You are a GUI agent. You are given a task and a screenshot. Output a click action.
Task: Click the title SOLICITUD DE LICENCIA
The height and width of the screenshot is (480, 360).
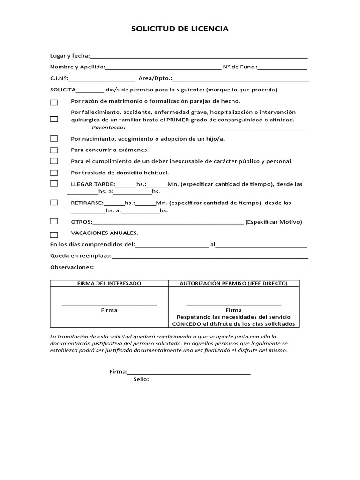180,29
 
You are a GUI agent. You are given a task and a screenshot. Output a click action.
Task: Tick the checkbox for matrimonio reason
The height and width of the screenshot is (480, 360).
54,102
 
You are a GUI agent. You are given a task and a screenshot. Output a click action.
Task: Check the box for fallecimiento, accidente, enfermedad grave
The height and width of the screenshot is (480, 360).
54,119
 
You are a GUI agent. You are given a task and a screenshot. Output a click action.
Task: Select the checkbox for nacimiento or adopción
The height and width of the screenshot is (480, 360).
54,138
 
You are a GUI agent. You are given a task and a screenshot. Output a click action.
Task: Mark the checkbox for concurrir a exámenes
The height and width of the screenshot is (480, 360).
54,150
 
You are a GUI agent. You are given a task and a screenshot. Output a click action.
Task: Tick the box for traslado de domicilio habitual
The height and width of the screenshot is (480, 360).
54,172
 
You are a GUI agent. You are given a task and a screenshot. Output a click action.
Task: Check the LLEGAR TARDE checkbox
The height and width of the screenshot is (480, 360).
54,184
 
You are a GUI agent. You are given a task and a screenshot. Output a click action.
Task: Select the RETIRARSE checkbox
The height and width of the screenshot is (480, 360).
54,202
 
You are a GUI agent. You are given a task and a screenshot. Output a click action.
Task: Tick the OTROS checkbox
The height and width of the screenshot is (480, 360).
54,221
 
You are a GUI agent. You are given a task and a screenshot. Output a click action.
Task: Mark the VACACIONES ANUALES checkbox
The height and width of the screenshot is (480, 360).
54,234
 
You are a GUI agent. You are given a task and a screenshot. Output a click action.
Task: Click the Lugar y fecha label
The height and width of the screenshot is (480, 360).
70,56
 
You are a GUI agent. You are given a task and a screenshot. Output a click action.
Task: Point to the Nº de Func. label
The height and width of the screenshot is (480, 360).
240,67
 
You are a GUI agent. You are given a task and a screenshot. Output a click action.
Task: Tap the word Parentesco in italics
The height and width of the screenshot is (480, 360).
108,127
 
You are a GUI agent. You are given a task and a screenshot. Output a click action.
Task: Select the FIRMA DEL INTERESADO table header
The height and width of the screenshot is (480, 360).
109,284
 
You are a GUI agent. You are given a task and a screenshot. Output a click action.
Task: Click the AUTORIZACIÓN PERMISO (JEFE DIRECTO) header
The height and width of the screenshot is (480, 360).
233,284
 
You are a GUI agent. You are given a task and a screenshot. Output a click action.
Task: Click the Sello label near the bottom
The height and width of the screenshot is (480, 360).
141,380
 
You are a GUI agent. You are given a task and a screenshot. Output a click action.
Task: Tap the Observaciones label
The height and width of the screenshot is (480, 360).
72,267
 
